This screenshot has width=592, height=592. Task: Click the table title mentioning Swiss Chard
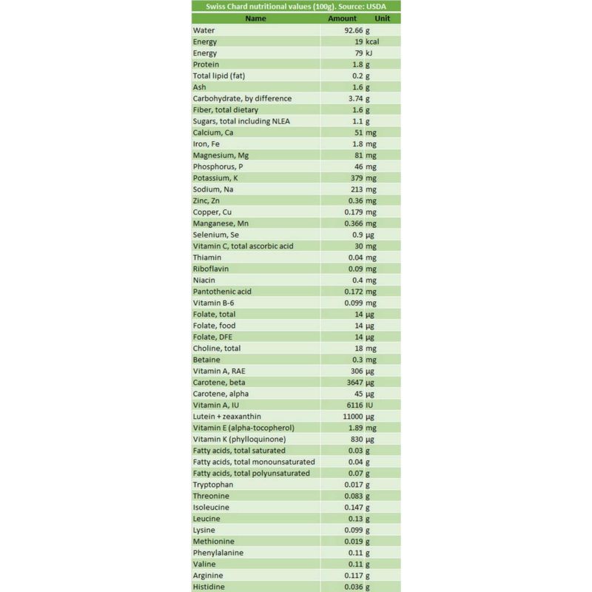295,6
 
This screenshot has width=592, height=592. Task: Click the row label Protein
205,64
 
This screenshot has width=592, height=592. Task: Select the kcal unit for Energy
372,41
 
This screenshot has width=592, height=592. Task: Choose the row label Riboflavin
210,269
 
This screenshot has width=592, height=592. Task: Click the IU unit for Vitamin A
369,405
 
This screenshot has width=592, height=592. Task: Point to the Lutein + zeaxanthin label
226,416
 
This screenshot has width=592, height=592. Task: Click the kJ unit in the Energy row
369,53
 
